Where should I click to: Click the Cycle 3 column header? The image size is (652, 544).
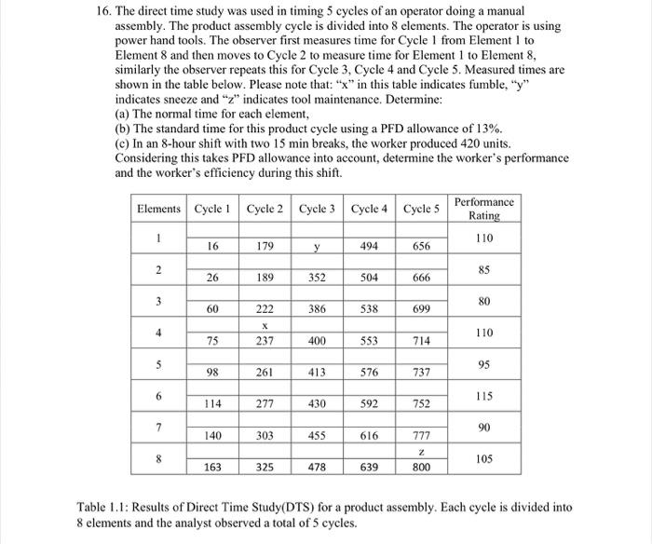coord(319,209)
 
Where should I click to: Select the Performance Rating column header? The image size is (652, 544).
coord(483,209)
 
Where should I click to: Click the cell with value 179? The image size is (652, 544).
coord(265,246)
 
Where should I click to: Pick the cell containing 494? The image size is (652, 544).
coord(370,246)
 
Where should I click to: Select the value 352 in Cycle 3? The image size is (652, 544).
coord(319,277)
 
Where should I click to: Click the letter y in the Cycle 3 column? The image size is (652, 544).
coord(319,246)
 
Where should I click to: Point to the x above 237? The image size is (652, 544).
coord(265,326)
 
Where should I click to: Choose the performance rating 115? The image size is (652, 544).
coord(483,396)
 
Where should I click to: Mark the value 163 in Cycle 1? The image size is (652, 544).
coord(213,466)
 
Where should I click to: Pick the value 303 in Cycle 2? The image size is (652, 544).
coord(265,435)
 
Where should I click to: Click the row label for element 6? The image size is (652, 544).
coord(160,396)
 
